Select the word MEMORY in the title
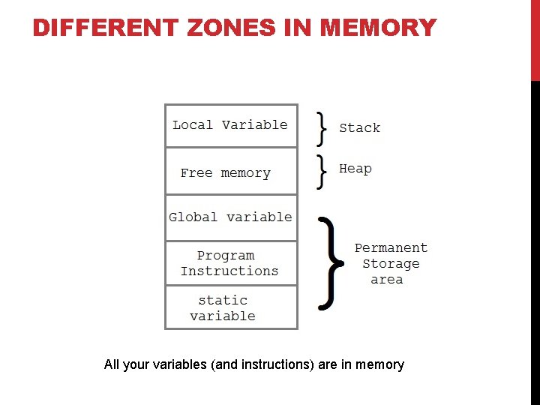377,28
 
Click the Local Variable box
231,125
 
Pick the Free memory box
231,172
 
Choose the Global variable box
231,217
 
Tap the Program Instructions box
231,263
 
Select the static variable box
231,307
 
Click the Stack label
359,128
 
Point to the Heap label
355,169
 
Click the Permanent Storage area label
391,263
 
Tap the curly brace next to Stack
322,128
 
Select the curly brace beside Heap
322,172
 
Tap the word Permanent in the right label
391,248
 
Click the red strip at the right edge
535,40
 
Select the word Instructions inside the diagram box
229,271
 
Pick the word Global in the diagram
193,217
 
